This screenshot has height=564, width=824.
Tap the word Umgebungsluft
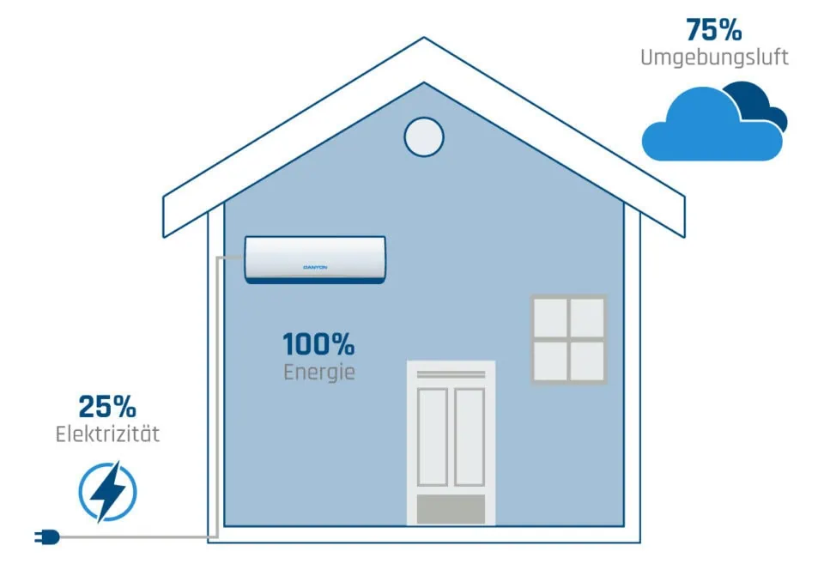click(x=714, y=58)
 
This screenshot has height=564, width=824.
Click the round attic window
click(x=424, y=136)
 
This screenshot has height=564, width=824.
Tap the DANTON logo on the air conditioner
click(x=315, y=267)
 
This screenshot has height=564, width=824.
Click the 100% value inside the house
click(x=318, y=344)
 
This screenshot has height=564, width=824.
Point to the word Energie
click(x=318, y=373)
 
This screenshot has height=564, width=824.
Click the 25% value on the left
click(x=107, y=406)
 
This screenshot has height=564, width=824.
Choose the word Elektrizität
click(x=107, y=434)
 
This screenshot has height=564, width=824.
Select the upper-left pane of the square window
click(x=550, y=318)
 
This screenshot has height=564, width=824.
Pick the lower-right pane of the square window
click(x=588, y=359)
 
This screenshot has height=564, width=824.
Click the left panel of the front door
click(x=433, y=436)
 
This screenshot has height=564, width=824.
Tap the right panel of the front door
click(x=470, y=436)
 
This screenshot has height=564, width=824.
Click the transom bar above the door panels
click(x=451, y=373)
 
